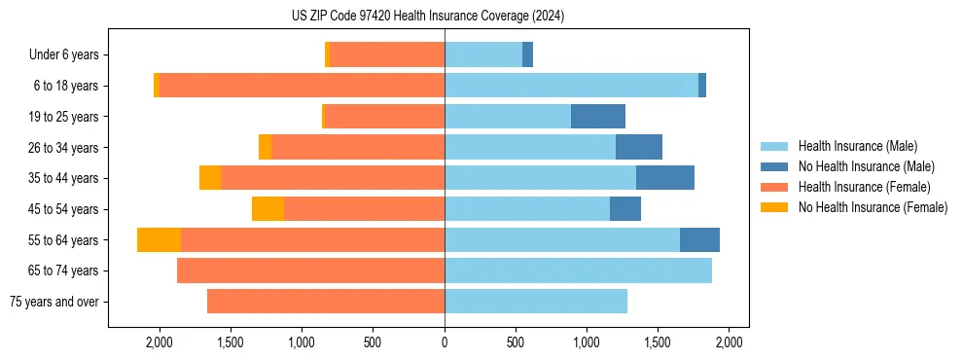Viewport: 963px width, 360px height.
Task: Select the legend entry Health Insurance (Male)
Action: pyautogui.click(x=857, y=146)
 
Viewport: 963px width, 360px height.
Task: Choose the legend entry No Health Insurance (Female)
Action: pyautogui.click(x=873, y=207)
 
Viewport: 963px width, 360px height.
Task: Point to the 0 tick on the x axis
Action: pyautogui.click(x=445, y=342)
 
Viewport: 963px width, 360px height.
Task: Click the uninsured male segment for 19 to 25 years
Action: pyautogui.click(x=598, y=117)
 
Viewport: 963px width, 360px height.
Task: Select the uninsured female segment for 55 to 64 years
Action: pyautogui.click(x=159, y=240)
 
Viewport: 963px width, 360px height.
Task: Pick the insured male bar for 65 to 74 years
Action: pyautogui.click(x=578, y=270)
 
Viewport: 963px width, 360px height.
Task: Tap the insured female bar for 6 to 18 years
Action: pyautogui.click(x=302, y=86)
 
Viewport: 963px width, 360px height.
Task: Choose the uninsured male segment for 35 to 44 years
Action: pyautogui.click(x=665, y=178)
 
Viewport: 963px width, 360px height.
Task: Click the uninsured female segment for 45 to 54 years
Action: pyautogui.click(x=267, y=209)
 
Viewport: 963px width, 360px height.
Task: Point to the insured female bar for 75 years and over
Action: pyautogui.click(x=326, y=302)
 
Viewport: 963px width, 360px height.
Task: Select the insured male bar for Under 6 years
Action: pyautogui.click(x=483, y=55)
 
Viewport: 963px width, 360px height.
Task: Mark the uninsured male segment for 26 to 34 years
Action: pyautogui.click(x=639, y=148)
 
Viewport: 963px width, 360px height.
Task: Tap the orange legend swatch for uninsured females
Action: pyautogui.click(x=774, y=207)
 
